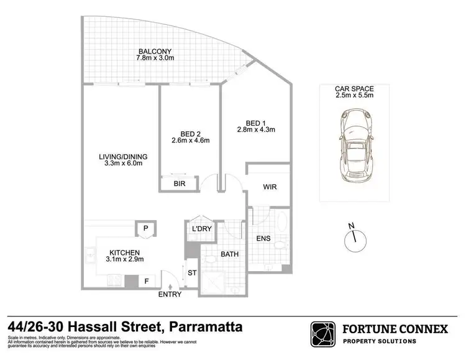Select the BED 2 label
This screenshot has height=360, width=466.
pos(190,132)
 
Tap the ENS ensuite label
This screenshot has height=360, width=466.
pos(263,237)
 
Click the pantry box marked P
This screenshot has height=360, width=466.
pos(145,228)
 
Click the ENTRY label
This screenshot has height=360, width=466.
pos(170,295)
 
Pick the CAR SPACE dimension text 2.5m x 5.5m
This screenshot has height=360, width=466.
pos(354,96)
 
